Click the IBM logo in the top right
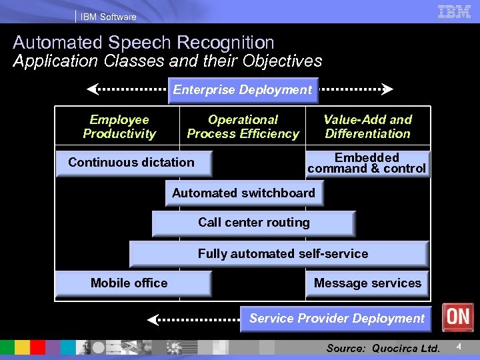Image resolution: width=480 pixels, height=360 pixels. point(455,11)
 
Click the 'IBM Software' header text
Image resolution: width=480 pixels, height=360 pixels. point(109,17)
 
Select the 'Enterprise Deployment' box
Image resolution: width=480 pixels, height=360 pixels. point(243,90)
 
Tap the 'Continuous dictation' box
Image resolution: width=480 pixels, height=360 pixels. point(132,163)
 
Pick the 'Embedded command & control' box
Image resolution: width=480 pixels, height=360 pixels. point(367,163)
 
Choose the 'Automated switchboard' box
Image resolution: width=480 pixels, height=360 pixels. point(243,193)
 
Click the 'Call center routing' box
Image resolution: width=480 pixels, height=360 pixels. point(253,223)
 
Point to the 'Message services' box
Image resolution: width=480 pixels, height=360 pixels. point(367,283)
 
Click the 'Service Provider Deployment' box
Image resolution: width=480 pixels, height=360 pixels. point(336,319)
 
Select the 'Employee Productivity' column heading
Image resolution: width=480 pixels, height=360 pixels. point(119,127)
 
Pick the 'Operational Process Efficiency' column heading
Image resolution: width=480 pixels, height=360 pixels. point(243,127)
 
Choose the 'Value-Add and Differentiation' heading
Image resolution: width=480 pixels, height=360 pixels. point(367,127)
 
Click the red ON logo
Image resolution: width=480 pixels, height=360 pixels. point(457,317)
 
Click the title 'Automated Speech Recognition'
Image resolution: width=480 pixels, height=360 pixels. point(143,43)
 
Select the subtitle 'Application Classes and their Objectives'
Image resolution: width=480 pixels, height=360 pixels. point(167,61)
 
